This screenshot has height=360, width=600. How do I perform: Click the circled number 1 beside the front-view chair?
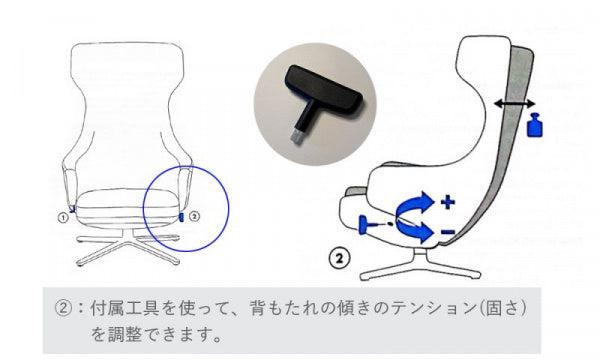point(63,218)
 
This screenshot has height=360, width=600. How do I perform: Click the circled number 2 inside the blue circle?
point(195,216)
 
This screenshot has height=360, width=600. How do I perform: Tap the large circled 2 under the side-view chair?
point(339,258)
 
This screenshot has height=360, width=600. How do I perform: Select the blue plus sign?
point(448,202)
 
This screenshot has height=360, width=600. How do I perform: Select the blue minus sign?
point(448,231)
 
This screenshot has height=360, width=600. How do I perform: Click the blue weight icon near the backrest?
point(535,124)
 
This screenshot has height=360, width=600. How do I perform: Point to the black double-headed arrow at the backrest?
point(515,103)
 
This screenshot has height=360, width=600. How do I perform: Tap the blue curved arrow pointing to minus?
point(415,230)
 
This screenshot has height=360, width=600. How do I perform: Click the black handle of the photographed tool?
point(324,89)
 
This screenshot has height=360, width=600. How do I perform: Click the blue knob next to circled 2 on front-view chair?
point(182,217)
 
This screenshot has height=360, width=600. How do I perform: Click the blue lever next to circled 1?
point(72,209)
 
